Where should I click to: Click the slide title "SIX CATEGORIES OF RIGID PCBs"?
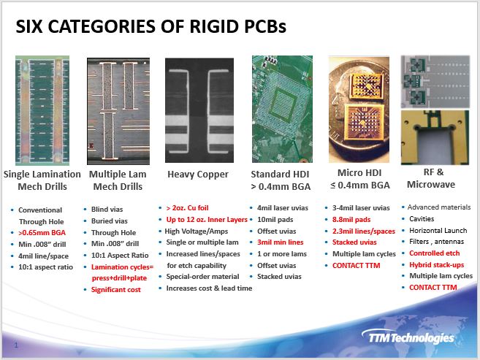[151, 26]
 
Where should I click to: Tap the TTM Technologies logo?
[408, 337]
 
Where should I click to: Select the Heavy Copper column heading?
[198, 175]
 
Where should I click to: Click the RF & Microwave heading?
[431, 178]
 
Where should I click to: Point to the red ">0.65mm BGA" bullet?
[42, 233]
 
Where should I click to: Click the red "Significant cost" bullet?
[115, 290]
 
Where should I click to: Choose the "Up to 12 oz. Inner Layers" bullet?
[207, 220]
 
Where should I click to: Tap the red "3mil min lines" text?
[280, 242]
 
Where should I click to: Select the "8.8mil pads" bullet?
[351, 220]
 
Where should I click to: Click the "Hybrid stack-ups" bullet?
[437, 265]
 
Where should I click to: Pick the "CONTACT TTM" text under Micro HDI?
[356, 266]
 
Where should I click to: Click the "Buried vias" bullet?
[110, 221]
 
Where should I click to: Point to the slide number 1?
[16, 345]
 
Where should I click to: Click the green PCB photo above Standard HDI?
[282, 109]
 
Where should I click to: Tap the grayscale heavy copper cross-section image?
[199, 110]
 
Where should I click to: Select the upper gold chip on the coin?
[366, 86]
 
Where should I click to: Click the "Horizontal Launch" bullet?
[438, 230]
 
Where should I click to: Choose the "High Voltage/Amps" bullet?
[197, 231]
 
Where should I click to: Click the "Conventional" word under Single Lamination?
[40, 210]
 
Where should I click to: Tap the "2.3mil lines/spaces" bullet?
[364, 231]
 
